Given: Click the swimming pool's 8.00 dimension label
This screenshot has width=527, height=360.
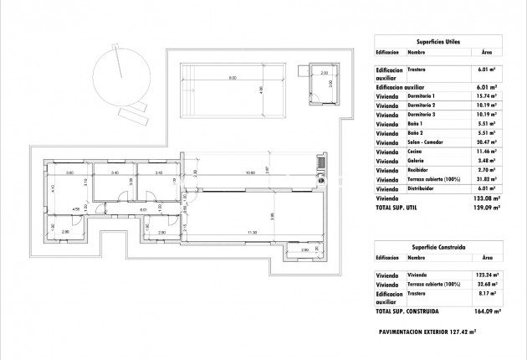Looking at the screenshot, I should point(233,78).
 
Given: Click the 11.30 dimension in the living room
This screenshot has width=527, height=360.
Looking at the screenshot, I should point(251,233).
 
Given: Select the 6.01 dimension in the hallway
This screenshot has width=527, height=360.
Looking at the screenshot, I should point(143,210).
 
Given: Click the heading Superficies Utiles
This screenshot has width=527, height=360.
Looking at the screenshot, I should point(438,40).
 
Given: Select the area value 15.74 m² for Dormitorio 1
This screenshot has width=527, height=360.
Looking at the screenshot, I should point(484,95).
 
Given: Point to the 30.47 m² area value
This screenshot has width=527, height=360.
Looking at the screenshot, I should point(484,142).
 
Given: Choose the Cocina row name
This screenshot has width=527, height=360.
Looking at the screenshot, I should point(417,152).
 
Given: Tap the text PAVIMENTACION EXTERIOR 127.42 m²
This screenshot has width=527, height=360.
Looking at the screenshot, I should point(437,332).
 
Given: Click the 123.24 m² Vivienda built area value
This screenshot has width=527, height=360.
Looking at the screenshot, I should point(484,275).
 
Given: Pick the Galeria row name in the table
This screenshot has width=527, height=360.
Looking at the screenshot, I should point(417,161).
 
